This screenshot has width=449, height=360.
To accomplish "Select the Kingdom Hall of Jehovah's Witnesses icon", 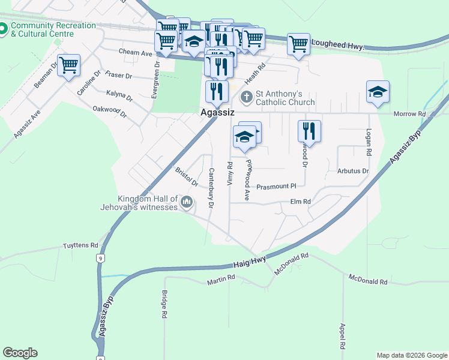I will tap(187, 203).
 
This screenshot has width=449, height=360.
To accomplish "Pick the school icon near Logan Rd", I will tap(378, 92).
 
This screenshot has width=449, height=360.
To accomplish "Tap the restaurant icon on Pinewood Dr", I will tap(309, 130).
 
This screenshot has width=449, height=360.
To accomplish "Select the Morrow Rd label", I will tap(409, 114).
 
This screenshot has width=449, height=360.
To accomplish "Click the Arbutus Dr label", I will tap(353, 171).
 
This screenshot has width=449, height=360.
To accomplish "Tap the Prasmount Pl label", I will tap(277, 187).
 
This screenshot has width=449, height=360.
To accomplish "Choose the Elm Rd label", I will tap(300, 202).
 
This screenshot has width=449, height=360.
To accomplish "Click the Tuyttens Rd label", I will tap(80, 245).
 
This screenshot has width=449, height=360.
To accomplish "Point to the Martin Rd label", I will tap(221, 280).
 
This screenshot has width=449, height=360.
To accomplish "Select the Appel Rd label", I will tap(342, 337).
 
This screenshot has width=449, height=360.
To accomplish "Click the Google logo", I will tap(20, 353).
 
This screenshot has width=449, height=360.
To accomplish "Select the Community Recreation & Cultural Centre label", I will tap(53, 29).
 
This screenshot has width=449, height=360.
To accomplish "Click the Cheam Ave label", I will tap(136, 53).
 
